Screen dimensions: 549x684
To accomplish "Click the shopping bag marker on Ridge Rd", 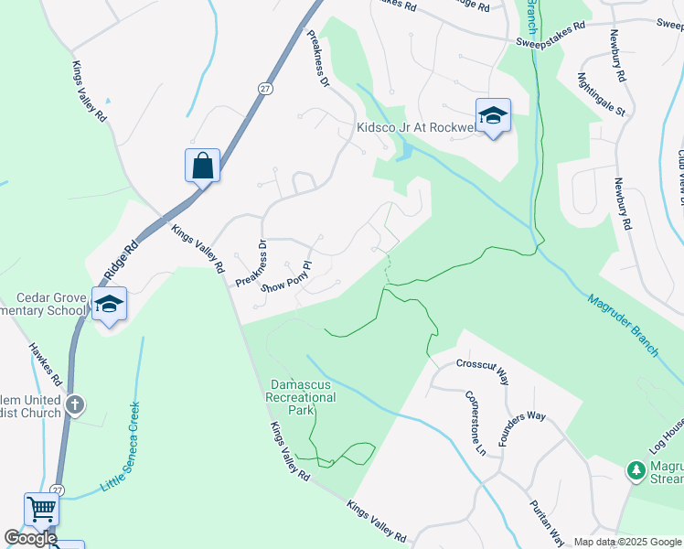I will (202, 166).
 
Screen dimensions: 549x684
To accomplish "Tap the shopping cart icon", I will (41, 509).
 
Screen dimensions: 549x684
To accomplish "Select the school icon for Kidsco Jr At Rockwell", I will (492, 115).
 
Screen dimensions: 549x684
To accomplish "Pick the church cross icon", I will (76, 404).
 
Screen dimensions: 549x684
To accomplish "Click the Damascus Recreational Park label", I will (301, 398).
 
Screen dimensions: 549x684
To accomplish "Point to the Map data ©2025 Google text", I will (627, 542).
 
